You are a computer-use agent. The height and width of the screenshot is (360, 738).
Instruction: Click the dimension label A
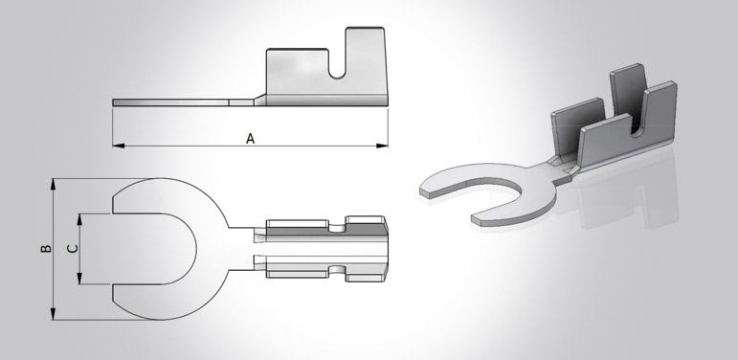coord(251,139)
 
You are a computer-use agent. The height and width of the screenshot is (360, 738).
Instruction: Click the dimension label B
coord(46,248)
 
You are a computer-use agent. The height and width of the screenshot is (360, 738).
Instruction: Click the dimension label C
coord(73,249)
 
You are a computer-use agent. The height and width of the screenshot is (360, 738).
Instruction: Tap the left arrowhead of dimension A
coord(119,146)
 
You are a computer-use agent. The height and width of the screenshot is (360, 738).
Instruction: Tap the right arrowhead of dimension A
coord(382,146)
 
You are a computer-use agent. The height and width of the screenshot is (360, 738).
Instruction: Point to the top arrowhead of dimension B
coord(54,184)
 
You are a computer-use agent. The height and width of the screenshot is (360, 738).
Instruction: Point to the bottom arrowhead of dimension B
coord(54,314)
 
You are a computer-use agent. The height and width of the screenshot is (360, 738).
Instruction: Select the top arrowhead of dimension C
coord(79,220)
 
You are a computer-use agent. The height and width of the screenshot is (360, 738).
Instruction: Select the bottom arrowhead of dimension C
coord(79,279)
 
